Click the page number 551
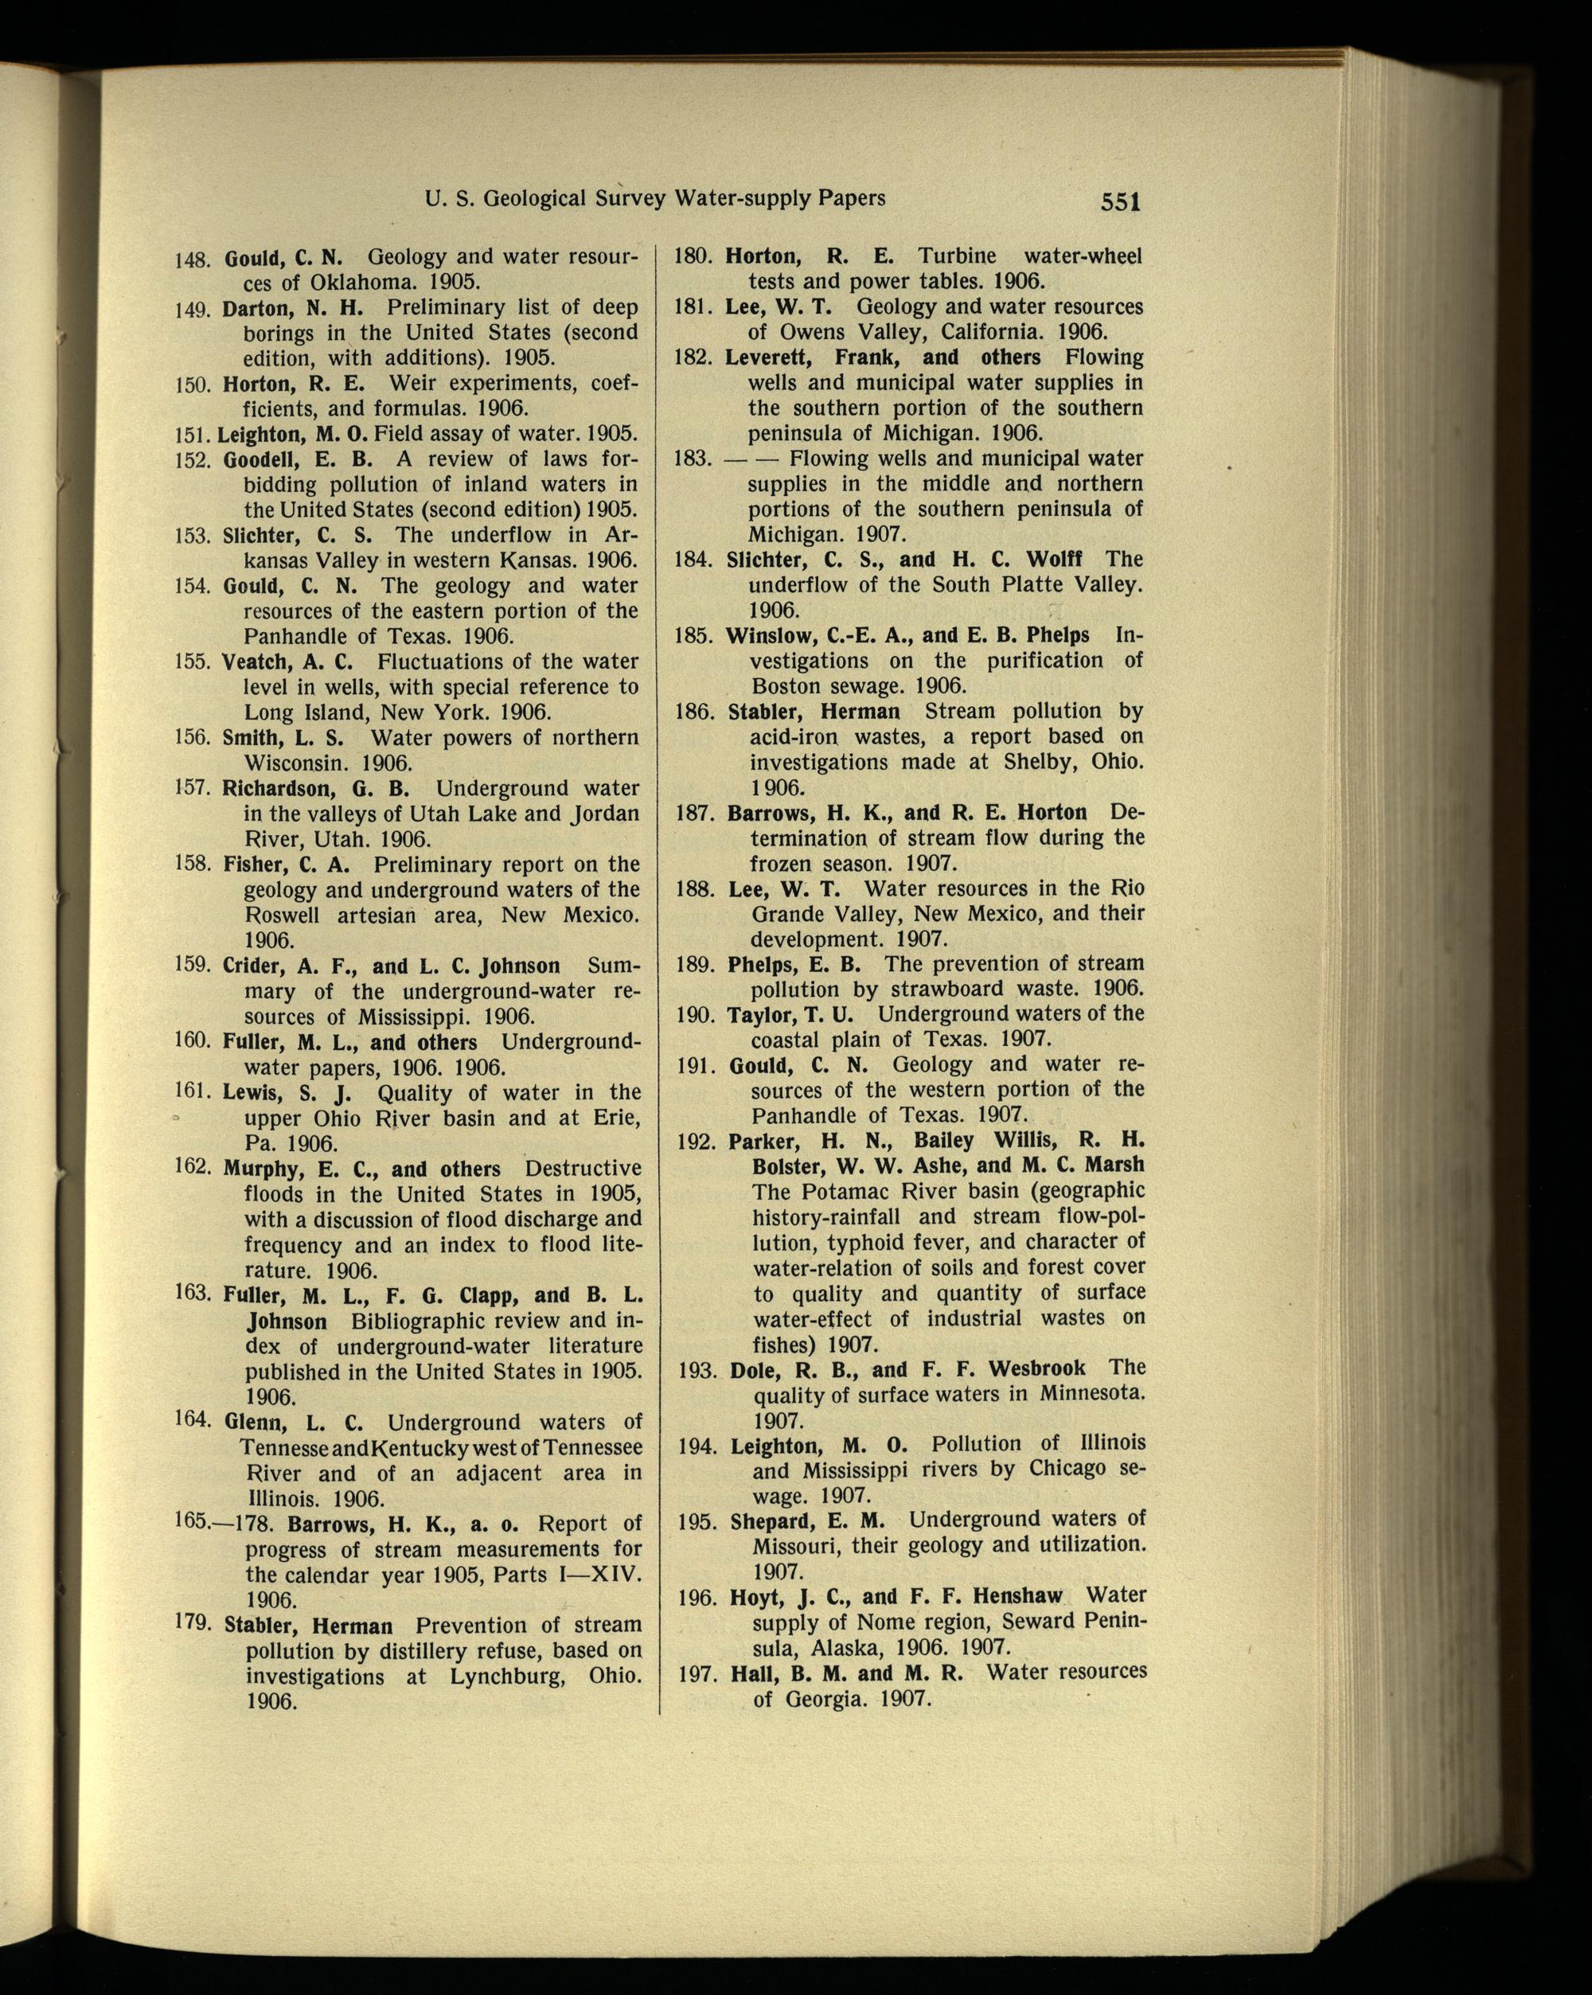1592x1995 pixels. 1120,201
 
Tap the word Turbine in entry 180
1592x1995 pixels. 958,256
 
